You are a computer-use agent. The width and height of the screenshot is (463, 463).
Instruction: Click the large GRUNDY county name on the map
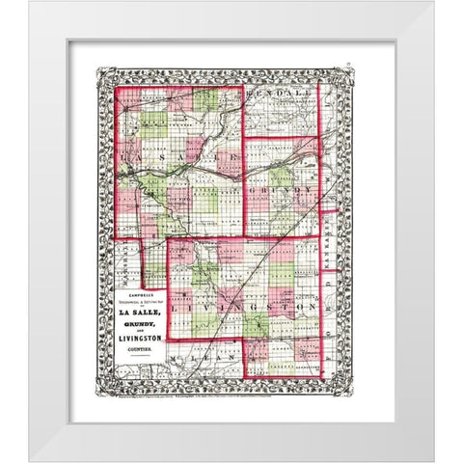coord(289,192)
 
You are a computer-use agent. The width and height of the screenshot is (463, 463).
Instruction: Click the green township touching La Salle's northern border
coord(205,100)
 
